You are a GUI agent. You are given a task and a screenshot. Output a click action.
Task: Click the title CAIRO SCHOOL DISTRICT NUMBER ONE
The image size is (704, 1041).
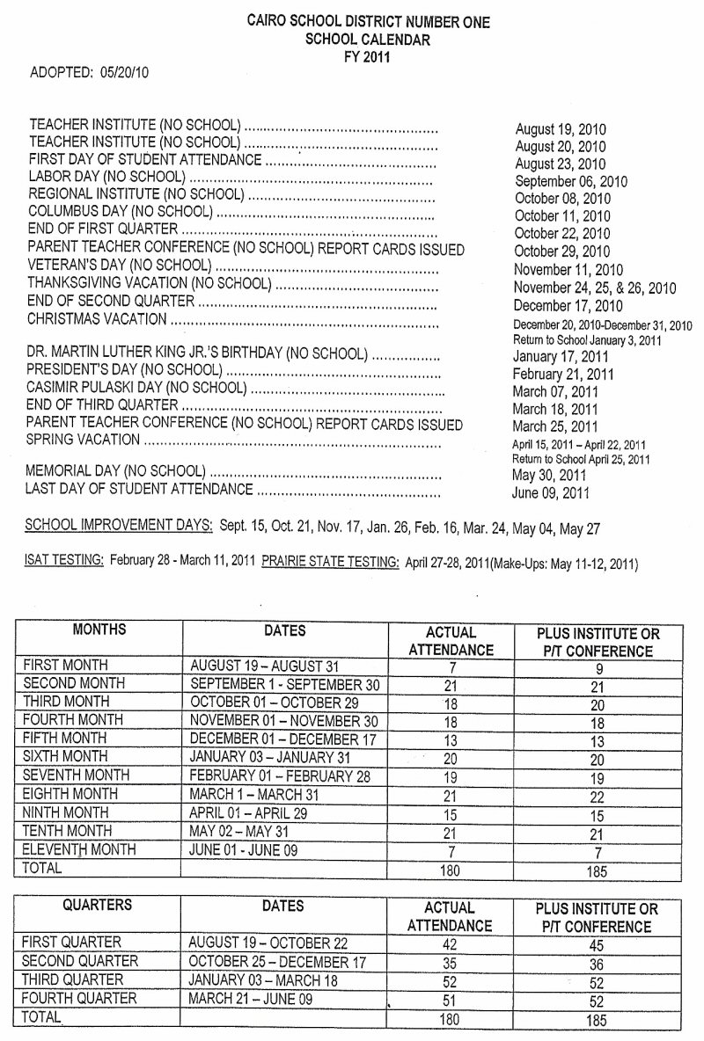point(368,22)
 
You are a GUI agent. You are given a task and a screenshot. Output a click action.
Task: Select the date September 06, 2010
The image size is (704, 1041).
point(571,182)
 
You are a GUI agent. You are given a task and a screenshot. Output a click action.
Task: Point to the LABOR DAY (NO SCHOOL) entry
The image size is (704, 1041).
point(106,177)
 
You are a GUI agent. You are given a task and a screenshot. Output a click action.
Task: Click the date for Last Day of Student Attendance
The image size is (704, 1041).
point(550,492)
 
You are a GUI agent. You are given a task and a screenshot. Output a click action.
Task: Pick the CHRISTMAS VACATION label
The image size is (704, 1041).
point(97,318)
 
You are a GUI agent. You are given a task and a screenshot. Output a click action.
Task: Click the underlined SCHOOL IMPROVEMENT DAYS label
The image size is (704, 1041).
point(119,526)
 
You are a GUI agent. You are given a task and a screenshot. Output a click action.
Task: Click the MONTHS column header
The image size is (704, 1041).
point(99,630)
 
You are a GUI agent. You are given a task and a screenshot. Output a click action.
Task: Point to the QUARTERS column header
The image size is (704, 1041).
point(98,905)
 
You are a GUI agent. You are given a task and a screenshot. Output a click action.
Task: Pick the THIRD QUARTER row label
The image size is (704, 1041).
point(73,979)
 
